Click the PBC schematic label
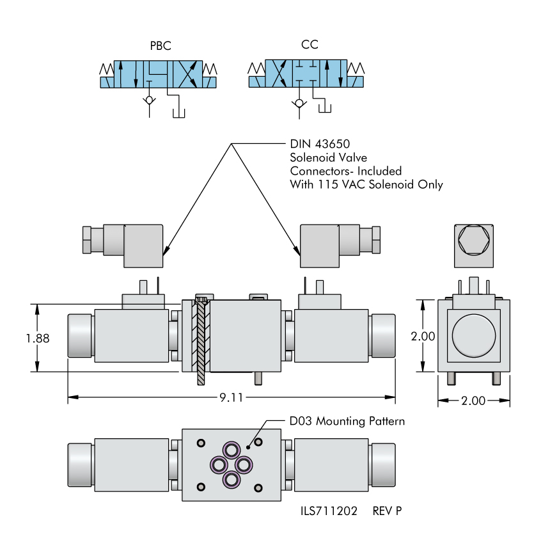[160, 47]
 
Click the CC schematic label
[310, 45]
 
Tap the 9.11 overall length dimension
[232, 398]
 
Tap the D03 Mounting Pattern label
[347, 422]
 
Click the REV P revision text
[388, 511]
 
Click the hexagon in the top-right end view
[473, 244]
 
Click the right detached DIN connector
[340, 245]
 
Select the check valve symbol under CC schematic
[298, 102]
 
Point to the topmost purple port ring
[231, 448]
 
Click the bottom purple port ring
[231, 479]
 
